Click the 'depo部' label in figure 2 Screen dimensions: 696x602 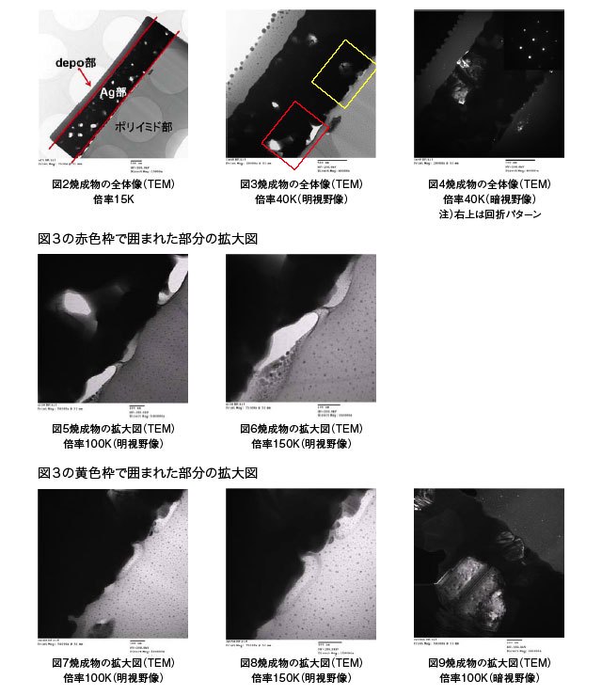coord(72,61)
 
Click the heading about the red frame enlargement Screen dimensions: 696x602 coord(148,239)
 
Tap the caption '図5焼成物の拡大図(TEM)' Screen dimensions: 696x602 coord(113,429)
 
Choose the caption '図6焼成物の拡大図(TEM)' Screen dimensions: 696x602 coord(301,429)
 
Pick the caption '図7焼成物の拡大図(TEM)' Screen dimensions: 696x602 coord(113,662)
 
